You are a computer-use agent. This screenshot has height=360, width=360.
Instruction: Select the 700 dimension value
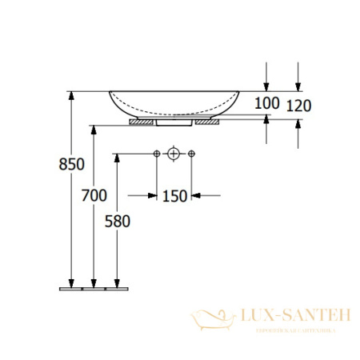(x=94, y=194)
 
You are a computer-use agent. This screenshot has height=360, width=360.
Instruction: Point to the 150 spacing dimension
(x=176, y=195)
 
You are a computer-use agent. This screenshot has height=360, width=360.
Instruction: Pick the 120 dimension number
(x=298, y=106)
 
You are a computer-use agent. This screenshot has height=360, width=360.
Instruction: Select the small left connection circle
(x=156, y=153)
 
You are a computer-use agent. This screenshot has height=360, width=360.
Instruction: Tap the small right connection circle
(x=191, y=153)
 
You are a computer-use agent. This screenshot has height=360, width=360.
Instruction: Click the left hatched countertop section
(x=144, y=123)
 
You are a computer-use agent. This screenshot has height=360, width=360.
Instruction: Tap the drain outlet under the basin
(x=174, y=123)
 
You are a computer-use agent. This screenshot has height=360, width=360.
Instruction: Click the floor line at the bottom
(x=93, y=286)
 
